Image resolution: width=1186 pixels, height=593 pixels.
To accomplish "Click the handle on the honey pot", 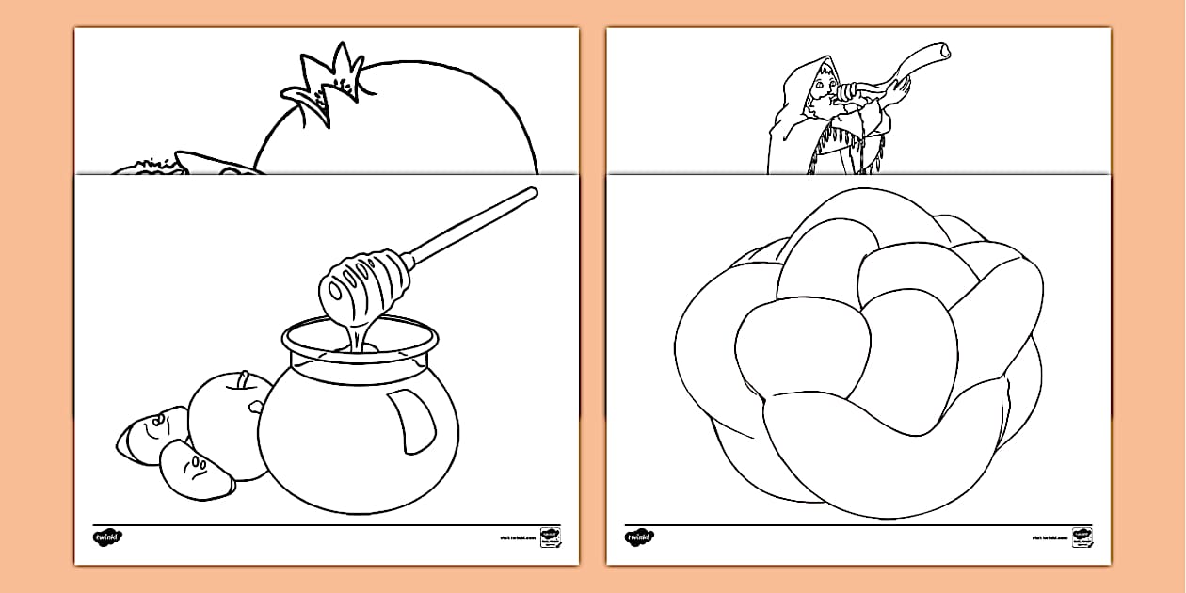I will tap(411, 420).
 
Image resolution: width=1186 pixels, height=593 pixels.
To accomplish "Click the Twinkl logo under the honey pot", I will tap(107, 537).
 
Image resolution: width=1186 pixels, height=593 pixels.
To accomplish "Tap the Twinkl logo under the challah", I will tap(639, 537).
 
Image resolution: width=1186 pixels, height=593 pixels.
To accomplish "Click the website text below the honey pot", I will tap(517, 538).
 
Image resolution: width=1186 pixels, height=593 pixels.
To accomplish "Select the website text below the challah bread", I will tap(1050, 538).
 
